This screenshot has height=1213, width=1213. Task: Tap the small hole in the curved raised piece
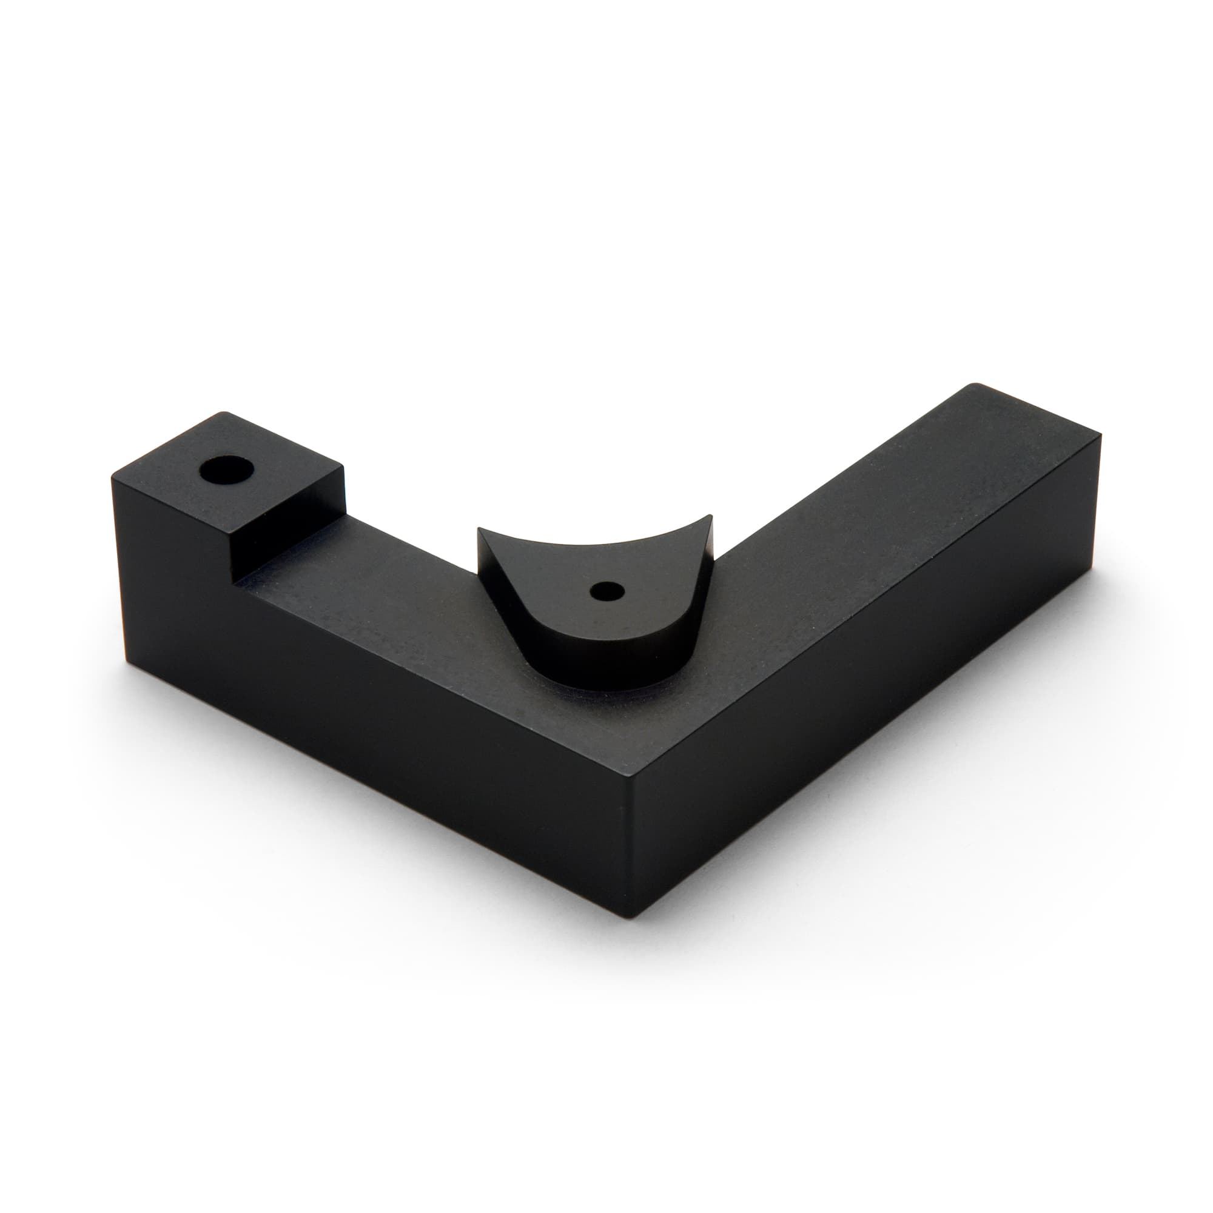pyautogui.click(x=606, y=590)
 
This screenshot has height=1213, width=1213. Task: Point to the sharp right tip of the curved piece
pyautogui.click(x=712, y=534)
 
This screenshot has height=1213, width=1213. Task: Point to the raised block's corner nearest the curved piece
pyautogui.click(x=344, y=466)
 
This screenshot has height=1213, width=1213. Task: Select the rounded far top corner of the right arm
pyautogui.click(x=972, y=385)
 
